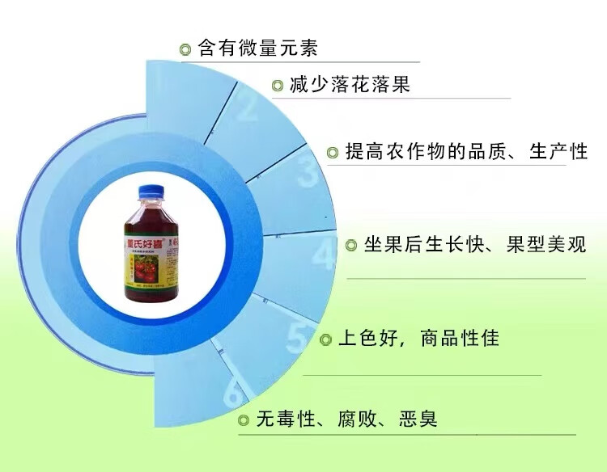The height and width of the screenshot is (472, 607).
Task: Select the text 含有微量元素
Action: [x=257, y=48]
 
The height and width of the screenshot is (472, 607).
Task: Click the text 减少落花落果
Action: [x=350, y=85]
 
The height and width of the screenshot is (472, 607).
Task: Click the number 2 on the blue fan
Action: [x=247, y=105]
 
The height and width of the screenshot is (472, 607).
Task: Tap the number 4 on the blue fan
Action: [x=325, y=255]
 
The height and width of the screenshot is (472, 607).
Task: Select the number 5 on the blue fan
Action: [x=297, y=339]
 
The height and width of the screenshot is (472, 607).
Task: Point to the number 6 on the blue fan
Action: [x=233, y=397]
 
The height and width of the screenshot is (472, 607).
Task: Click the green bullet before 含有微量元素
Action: [x=185, y=49]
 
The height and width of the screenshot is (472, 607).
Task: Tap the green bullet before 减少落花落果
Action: [x=278, y=86]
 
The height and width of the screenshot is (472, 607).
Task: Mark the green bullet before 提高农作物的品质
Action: [x=333, y=152]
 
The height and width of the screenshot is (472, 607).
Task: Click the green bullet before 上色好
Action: [x=326, y=339]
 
